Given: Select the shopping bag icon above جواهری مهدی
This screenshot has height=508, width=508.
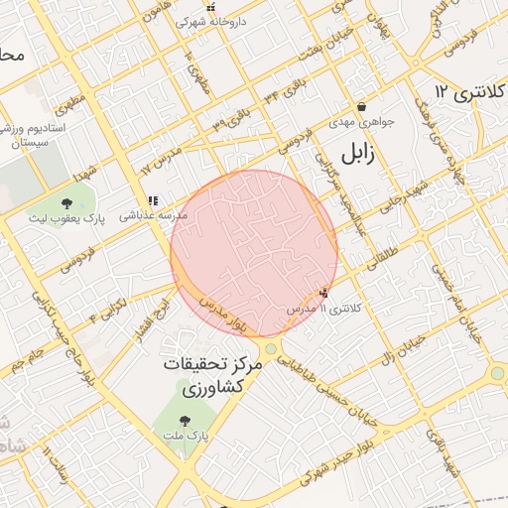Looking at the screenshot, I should coord(361,106).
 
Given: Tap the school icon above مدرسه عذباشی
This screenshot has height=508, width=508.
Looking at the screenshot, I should coord(153,199).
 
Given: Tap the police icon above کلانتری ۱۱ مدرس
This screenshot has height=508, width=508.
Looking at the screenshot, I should coord(324,293).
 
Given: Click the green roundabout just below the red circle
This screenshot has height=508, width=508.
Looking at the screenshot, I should coord(270,349).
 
